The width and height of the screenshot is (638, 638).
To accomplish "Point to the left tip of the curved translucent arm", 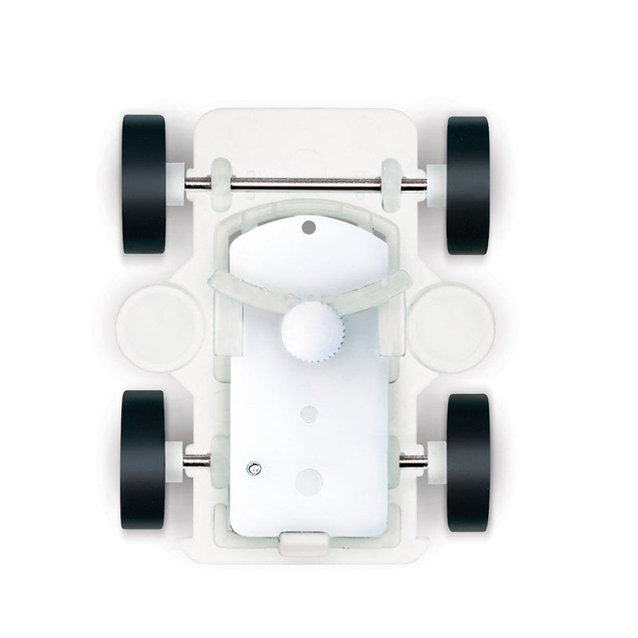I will [216, 282].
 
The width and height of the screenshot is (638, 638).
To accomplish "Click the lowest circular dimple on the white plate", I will [306, 478].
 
